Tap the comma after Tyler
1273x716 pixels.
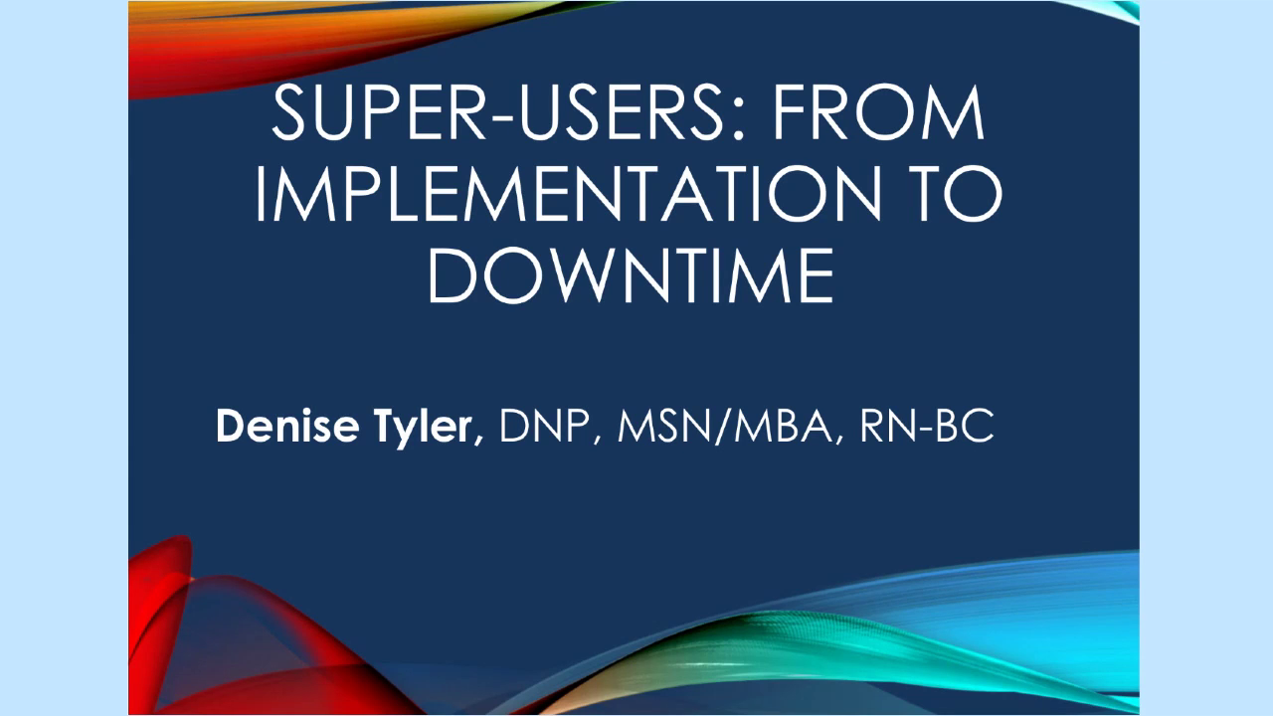[483, 442]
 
